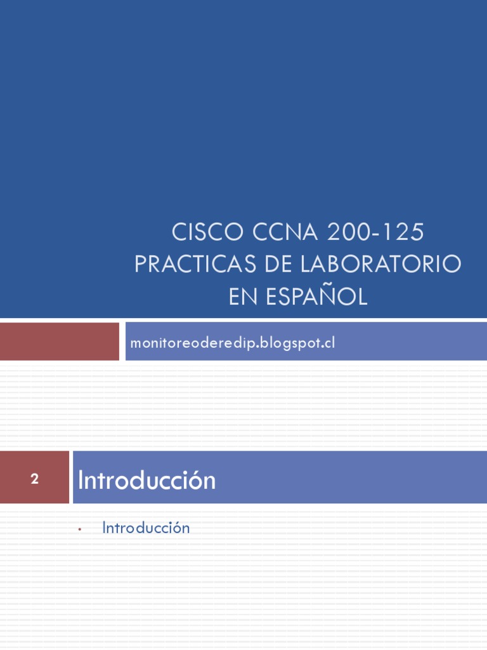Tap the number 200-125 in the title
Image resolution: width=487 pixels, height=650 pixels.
click(375, 233)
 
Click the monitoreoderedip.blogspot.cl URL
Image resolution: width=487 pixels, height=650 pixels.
click(232, 343)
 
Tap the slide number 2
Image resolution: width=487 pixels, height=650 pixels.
click(34, 479)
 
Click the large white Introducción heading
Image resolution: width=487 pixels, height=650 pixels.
click(146, 481)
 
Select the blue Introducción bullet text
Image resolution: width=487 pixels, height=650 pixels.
click(146, 527)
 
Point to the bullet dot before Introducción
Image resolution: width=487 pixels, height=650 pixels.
click(81, 529)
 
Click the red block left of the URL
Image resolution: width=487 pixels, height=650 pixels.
click(60, 342)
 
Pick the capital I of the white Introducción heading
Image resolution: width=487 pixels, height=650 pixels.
click(81, 481)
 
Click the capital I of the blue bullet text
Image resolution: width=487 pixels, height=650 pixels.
click(105, 527)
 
